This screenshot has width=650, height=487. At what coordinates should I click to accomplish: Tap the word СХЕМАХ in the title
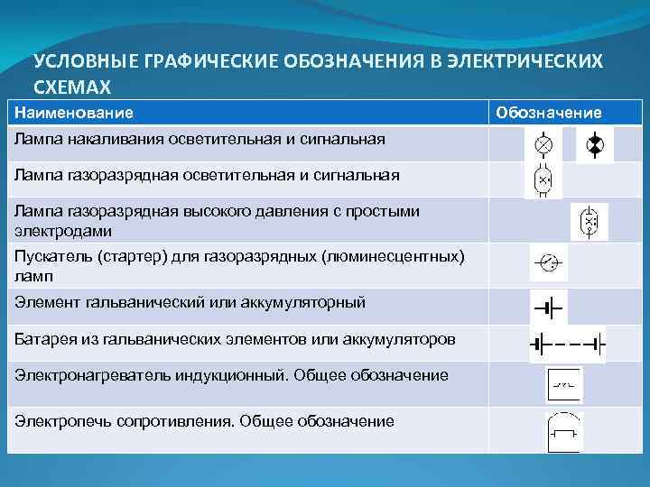tap(71, 87)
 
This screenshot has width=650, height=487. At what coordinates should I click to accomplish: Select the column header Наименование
tap(73, 113)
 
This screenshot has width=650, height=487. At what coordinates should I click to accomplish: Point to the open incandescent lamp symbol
tap(543, 144)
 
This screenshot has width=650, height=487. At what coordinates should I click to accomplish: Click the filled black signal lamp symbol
tap(594, 144)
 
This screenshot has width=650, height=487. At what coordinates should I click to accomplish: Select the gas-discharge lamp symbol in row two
tap(543, 179)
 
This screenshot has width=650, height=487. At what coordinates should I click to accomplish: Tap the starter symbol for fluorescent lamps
tap(548, 262)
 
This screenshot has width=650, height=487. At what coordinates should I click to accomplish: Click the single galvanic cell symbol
tap(548, 308)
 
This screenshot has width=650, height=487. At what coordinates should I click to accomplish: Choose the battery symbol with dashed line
tap(567, 344)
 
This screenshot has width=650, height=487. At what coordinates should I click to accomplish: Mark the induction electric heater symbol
tap(565, 385)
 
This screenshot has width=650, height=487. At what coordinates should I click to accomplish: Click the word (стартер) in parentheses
tap(133, 257)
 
